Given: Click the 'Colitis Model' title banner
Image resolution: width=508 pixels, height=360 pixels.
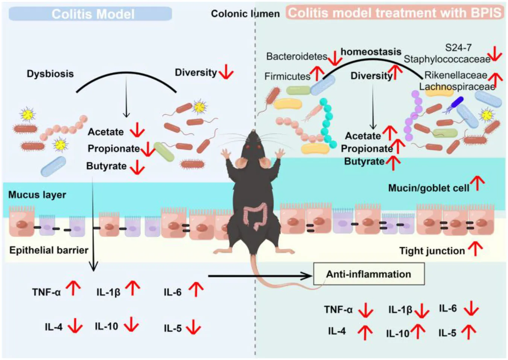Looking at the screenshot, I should point(90,14).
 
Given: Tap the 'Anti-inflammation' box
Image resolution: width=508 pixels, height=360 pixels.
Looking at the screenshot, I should point(368,274).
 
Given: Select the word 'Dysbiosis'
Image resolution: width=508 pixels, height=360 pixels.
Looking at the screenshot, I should point(50,73).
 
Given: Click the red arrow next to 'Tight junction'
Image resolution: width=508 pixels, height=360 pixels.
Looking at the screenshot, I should point(476,249).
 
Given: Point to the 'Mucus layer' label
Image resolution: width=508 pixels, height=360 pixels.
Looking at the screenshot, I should point(37,194).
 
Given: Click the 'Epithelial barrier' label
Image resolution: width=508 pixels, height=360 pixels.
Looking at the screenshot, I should point(49,250).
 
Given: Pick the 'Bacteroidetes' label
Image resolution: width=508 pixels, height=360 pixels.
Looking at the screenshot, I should point(297,56).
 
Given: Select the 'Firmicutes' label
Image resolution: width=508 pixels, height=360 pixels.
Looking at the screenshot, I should point(287,76).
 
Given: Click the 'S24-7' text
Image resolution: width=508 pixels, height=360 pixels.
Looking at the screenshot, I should point(458,47).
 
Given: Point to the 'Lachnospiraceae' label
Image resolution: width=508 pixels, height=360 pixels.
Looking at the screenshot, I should point(457,87).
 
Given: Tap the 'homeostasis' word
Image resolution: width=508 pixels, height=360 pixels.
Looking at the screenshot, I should point(371,52).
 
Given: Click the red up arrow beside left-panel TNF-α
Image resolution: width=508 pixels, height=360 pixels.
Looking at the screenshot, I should point(73,288).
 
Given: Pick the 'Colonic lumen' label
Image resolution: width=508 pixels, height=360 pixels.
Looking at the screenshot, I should point(245,14).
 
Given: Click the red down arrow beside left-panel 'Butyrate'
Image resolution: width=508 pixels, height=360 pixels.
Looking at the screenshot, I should point(137,167).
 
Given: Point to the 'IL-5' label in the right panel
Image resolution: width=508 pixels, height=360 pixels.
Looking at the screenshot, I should point(447,333).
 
